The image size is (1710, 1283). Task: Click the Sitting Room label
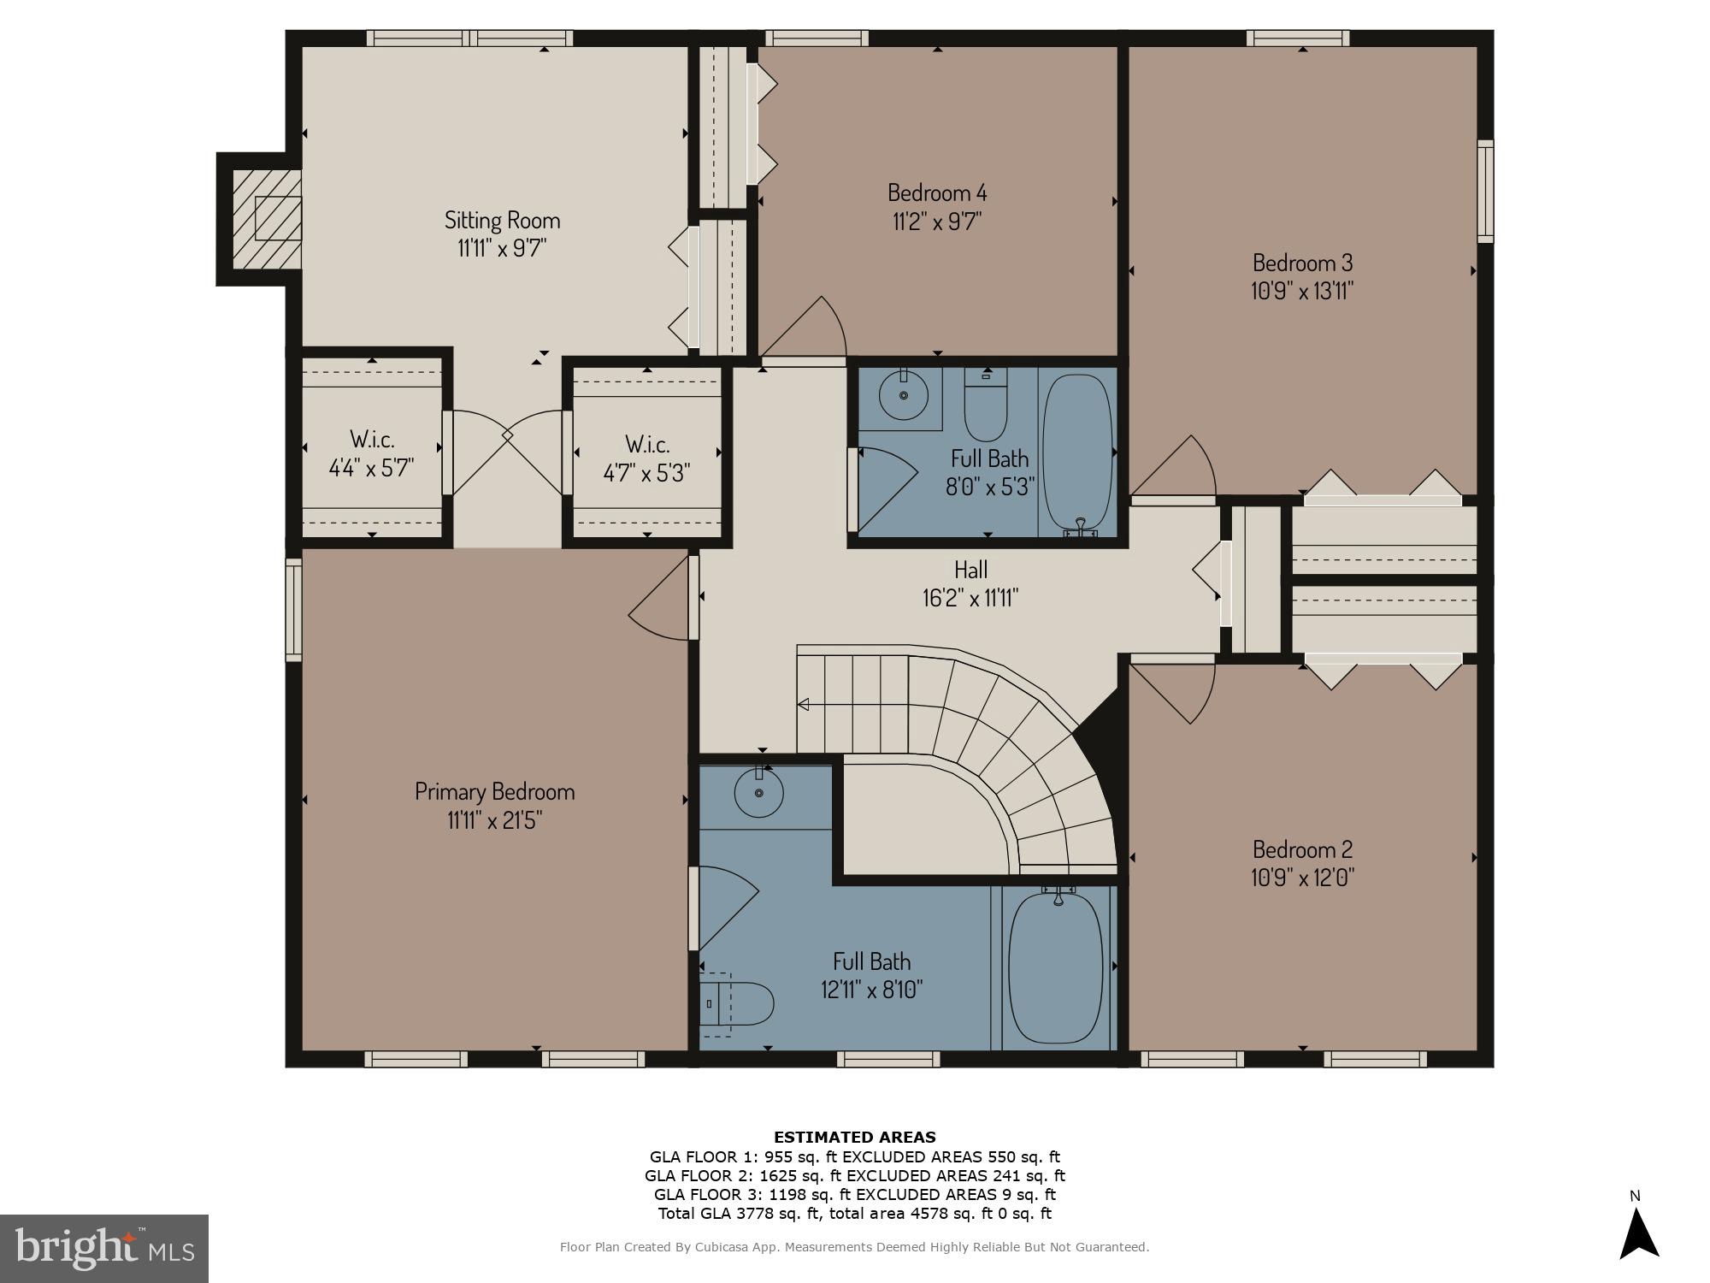click(502, 220)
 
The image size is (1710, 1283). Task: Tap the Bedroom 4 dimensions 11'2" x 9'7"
click(937, 222)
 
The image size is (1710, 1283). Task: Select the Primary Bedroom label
click(494, 791)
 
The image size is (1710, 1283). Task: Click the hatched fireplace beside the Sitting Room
click(267, 218)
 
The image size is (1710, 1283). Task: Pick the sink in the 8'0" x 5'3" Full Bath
click(903, 395)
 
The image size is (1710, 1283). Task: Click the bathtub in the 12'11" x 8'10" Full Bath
click(1057, 967)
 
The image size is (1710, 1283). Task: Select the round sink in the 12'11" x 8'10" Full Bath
click(759, 792)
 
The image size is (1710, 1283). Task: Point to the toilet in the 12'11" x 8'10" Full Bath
click(737, 1003)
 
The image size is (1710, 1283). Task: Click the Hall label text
click(970, 569)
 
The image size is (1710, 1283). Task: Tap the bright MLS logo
click(104, 1249)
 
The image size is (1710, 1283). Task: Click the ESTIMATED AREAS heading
click(854, 1137)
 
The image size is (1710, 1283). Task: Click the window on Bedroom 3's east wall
click(1486, 191)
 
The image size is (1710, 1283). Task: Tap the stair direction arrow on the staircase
click(804, 705)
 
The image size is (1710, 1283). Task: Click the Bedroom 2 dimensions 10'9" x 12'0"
click(1302, 878)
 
